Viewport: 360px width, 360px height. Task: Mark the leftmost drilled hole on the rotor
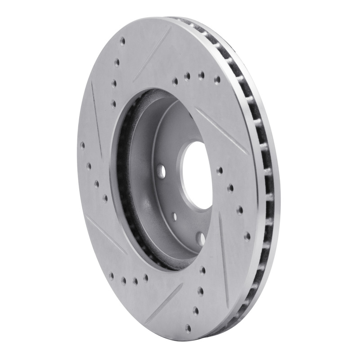pos(82,145)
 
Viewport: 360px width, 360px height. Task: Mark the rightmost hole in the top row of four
pos(217,79)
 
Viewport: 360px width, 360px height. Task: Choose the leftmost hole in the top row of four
pos(175,82)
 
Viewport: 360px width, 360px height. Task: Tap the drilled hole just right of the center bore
pos(219,170)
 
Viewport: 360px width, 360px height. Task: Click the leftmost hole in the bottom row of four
pos(111,275)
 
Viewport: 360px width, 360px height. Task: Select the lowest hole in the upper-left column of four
pos(113,104)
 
